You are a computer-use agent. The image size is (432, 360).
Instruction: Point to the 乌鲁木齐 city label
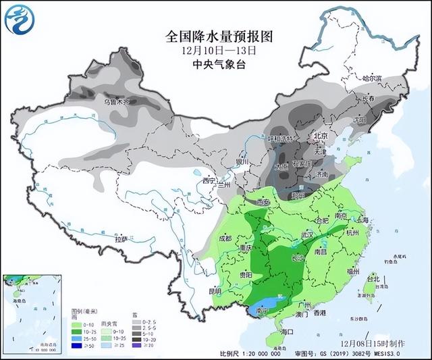click(x=118, y=101)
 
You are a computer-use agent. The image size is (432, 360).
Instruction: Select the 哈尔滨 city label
click(x=371, y=78)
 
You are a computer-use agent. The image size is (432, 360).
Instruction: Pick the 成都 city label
click(x=225, y=238)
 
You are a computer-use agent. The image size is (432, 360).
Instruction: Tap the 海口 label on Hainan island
click(x=286, y=332)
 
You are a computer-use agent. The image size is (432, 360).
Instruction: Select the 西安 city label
click(x=261, y=201)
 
